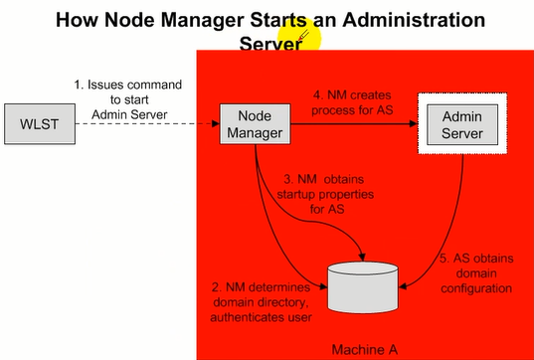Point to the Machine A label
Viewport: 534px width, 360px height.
pos(362,349)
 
